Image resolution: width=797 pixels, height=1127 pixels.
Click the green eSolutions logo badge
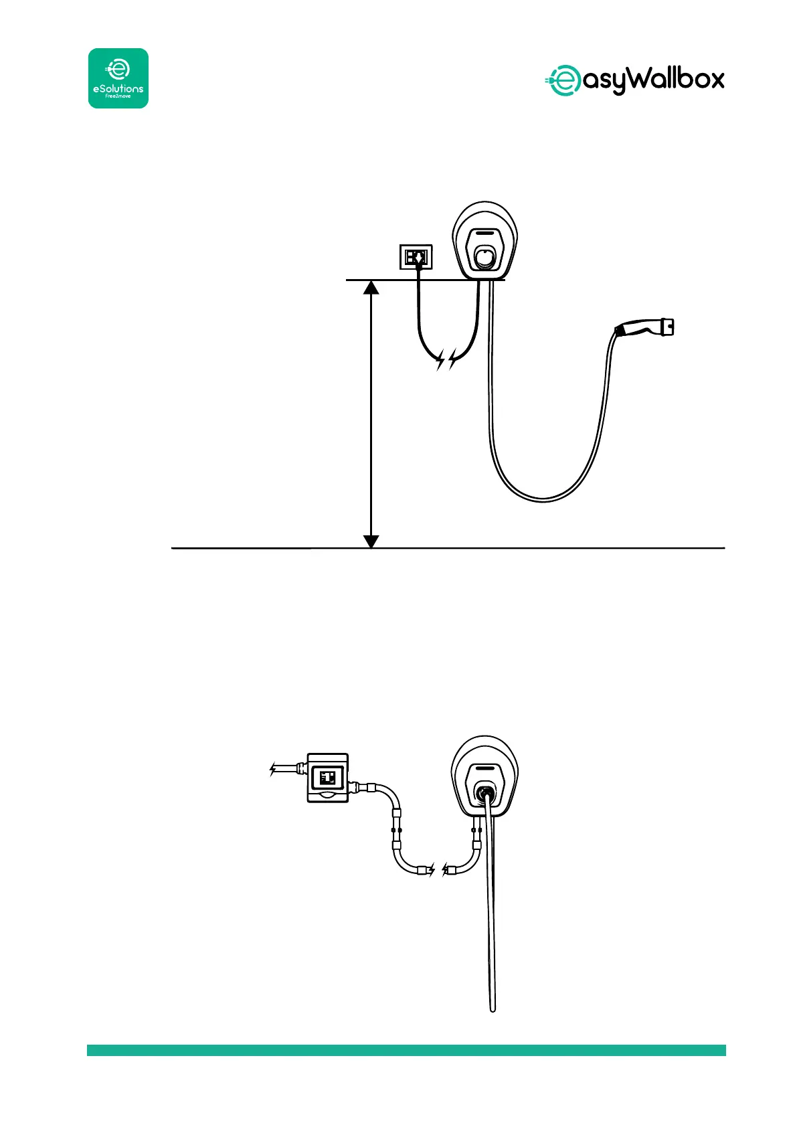(x=118, y=78)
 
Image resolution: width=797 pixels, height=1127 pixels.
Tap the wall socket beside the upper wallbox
(x=416, y=256)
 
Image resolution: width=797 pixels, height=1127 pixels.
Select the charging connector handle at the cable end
(x=645, y=327)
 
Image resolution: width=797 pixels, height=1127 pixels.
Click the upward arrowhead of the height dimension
(x=371, y=287)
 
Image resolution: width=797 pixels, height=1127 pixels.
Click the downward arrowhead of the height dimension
(x=371, y=541)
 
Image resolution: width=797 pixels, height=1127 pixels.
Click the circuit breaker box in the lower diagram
(x=327, y=777)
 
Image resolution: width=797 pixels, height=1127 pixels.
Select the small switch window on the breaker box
(x=328, y=778)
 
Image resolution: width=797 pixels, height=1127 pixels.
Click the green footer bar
(x=406, y=1050)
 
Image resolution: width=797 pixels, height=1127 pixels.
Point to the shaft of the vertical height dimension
(x=371, y=415)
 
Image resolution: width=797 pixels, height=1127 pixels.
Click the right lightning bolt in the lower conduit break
(x=445, y=870)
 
